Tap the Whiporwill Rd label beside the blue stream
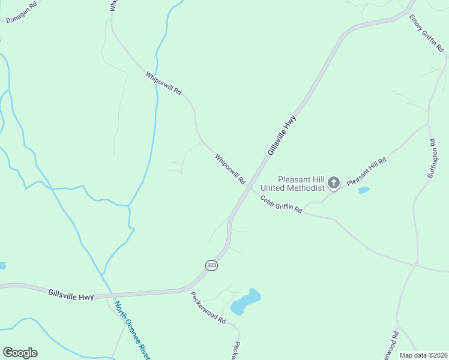[x=163, y=83]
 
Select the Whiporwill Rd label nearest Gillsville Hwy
[x=231, y=169]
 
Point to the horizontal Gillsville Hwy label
[x=71, y=294]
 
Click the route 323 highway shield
[x=211, y=265]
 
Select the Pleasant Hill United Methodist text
[x=300, y=183]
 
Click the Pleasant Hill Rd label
[x=366, y=170]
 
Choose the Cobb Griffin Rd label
[x=281, y=204]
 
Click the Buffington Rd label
[x=430, y=158]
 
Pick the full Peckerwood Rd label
[x=208, y=307]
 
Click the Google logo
[x=20, y=353]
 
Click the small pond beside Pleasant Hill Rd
[x=364, y=190]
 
